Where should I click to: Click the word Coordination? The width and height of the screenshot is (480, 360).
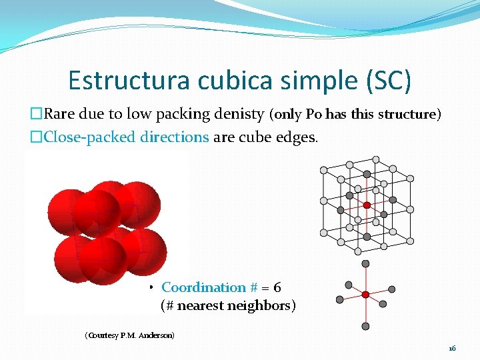click(x=204, y=287)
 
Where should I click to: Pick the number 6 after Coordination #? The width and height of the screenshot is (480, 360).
click(x=277, y=287)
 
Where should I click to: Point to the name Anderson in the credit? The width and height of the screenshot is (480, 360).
click(x=156, y=335)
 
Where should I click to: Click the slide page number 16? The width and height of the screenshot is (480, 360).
click(x=452, y=349)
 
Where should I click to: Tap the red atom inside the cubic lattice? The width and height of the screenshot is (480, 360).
click(x=367, y=205)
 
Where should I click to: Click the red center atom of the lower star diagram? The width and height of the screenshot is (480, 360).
click(x=365, y=294)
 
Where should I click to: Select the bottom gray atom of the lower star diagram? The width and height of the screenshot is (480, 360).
click(x=365, y=326)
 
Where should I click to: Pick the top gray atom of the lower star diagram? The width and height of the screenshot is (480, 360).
click(x=365, y=264)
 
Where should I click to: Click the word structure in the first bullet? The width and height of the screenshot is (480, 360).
click(x=407, y=114)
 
